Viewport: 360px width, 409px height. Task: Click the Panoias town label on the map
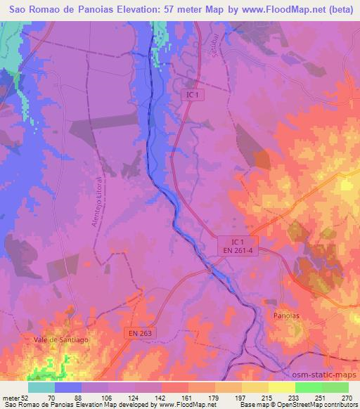tap(285, 316)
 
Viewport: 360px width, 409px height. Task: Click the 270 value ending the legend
tap(345, 397)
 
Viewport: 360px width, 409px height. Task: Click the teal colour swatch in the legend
tap(41, 387)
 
